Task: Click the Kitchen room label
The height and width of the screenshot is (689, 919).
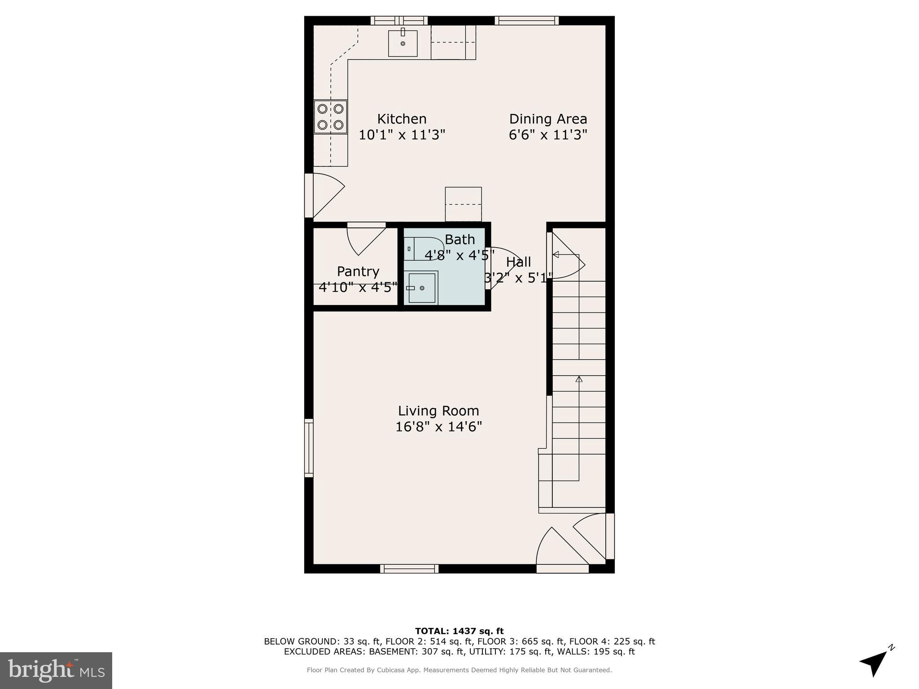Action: click(x=402, y=119)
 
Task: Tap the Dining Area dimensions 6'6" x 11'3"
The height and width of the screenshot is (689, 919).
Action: click(x=548, y=135)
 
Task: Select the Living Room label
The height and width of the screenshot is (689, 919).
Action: click(x=438, y=411)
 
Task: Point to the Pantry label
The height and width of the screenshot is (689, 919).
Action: click(x=358, y=271)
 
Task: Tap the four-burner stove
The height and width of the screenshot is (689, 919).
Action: click(x=330, y=117)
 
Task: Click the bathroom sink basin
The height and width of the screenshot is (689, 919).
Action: click(x=421, y=288)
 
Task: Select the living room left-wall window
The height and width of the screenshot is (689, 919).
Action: click(x=309, y=448)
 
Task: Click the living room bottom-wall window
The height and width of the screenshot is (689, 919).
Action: click(x=409, y=569)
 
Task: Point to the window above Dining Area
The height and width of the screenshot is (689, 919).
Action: click(x=526, y=20)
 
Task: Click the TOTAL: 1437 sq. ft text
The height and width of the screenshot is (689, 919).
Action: click(x=459, y=631)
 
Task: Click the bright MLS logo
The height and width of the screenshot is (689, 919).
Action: click(x=56, y=670)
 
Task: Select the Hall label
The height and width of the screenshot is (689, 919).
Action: click(x=518, y=262)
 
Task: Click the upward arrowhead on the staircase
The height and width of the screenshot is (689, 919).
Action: click(x=579, y=379)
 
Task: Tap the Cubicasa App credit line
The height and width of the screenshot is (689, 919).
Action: click(x=459, y=670)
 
